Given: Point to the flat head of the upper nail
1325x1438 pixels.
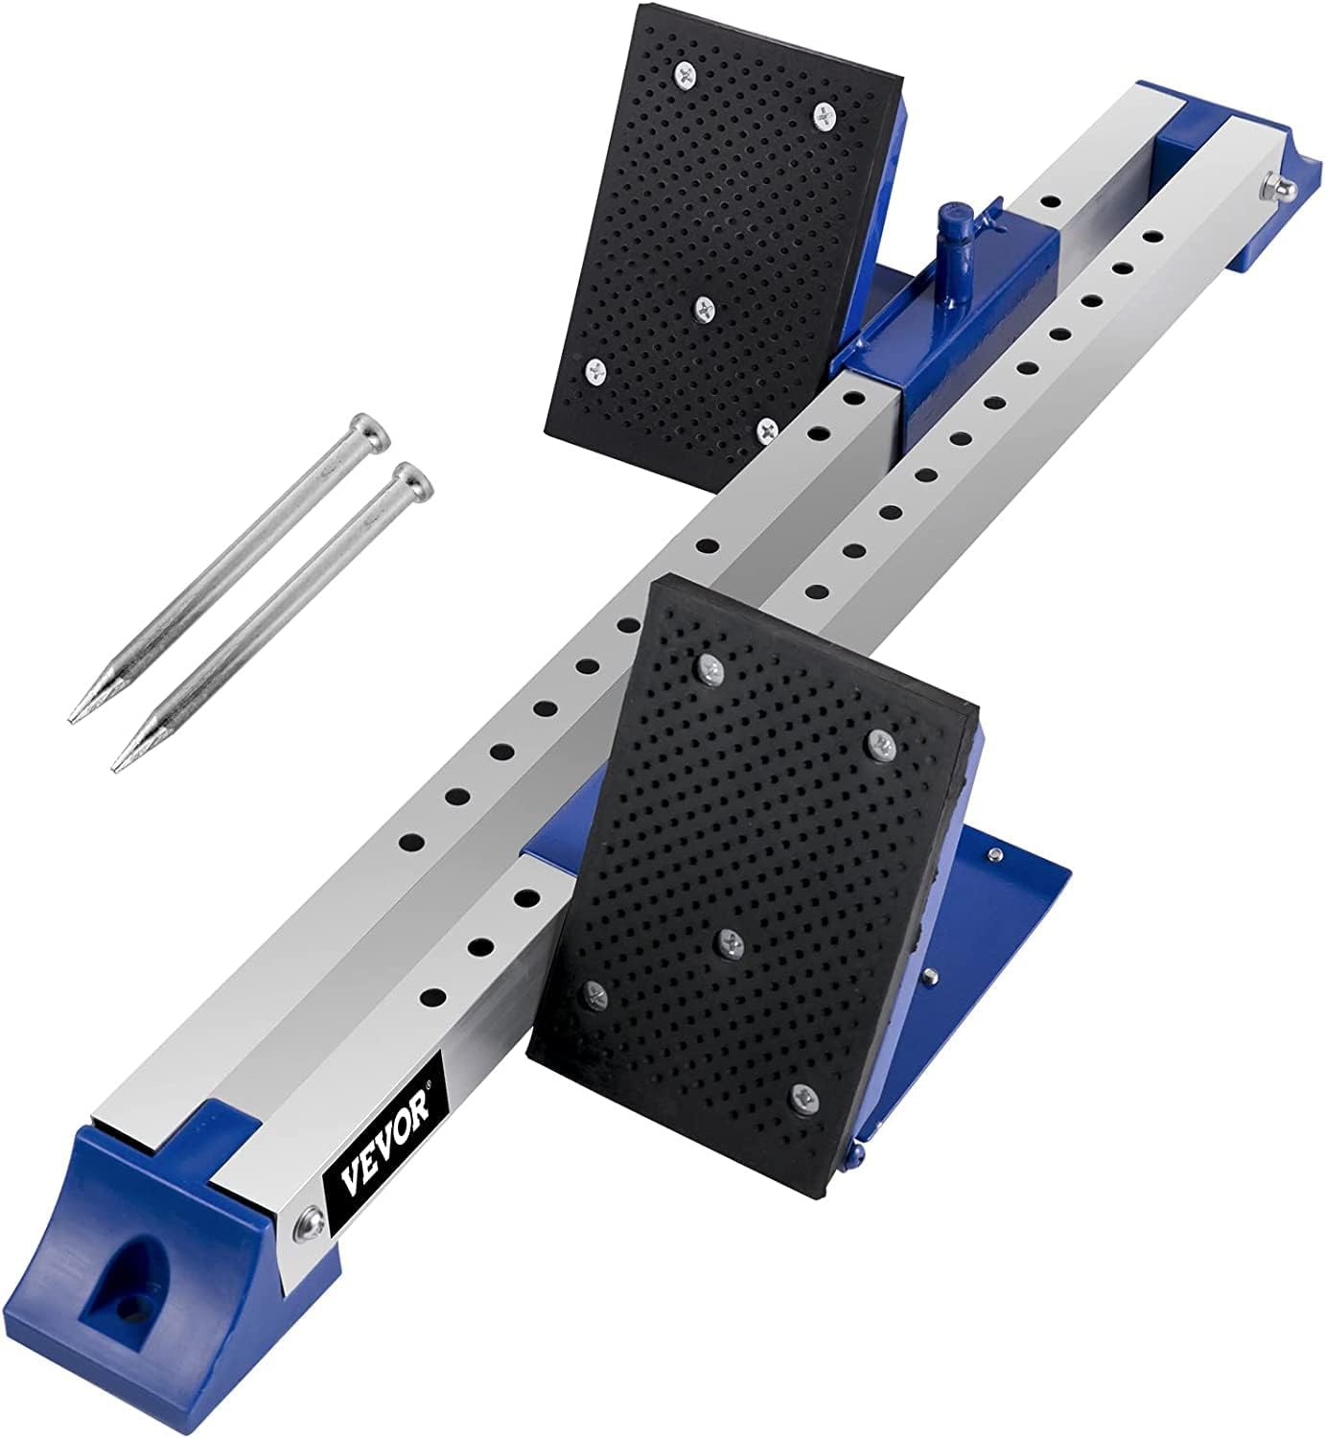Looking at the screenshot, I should click(369, 429).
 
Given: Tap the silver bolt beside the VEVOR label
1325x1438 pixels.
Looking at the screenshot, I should click(309, 1219).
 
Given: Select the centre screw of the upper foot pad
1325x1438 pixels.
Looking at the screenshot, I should click(707, 307).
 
